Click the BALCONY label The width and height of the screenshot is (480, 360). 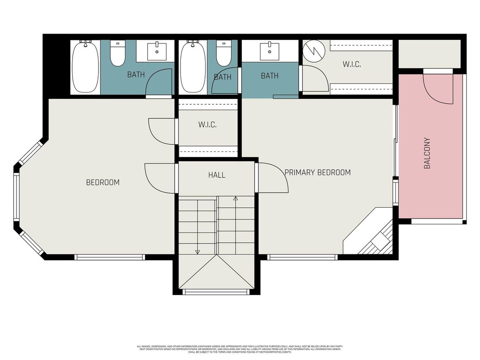pos(427,153)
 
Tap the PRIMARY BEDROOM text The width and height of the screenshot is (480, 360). pos(317,172)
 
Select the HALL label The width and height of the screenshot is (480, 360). pos(217,175)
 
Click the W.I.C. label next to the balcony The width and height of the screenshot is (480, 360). pos(351,64)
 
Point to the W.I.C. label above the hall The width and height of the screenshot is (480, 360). pos(207,125)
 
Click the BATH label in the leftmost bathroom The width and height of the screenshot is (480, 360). pos(136,74)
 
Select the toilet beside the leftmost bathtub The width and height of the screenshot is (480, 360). pos(118,53)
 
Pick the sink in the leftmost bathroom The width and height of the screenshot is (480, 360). pos(157,51)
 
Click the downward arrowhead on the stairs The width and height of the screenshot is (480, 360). pos(197,252)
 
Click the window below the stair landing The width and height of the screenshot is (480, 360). pos(216,292)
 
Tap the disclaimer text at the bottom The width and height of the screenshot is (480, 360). pos(240,348)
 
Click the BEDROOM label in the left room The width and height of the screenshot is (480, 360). pos(103,182)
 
